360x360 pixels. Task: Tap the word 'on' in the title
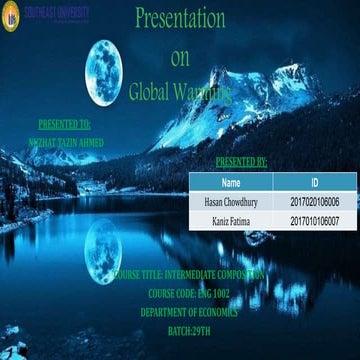pos(180,57)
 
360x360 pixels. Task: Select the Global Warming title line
pos(180,91)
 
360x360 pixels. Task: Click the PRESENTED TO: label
pos(64,126)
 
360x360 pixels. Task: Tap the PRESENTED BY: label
pos(241,161)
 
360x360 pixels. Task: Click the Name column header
pos(231,183)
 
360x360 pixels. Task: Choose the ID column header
pos(315,183)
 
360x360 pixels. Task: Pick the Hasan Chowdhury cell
pos(231,202)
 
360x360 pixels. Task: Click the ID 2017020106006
pos(315,202)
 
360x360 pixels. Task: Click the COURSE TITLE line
pos(189,273)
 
